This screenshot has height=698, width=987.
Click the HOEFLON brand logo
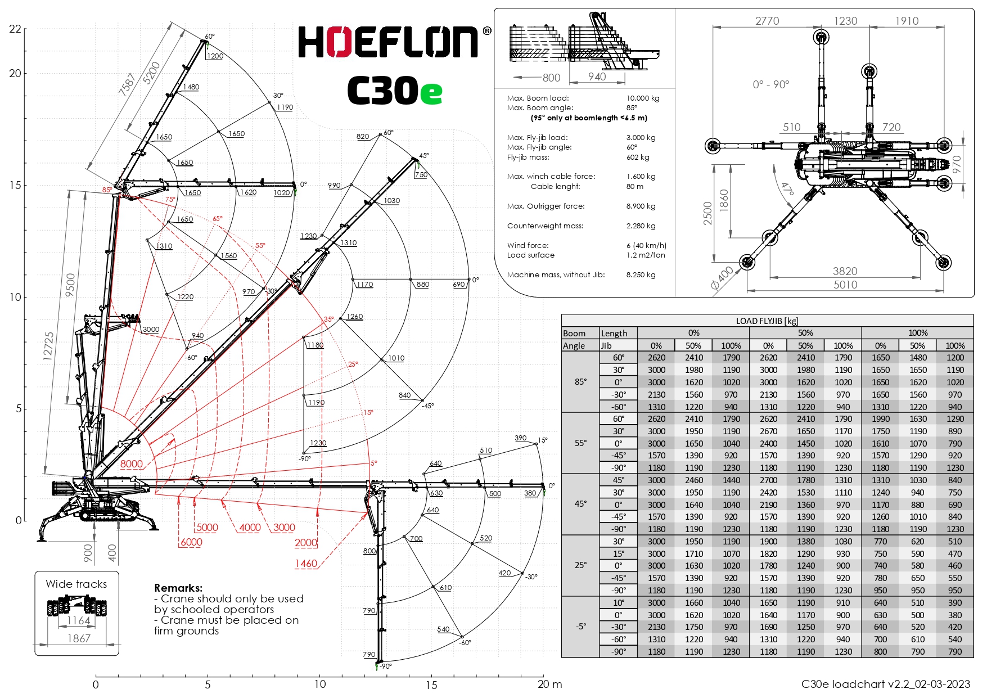tap(388, 42)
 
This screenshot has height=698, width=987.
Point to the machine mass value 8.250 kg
tap(641, 275)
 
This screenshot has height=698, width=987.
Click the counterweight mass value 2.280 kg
tap(641, 226)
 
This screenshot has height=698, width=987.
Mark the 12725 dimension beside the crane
tap(49, 346)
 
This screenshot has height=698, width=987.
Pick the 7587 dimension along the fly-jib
tap(127, 84)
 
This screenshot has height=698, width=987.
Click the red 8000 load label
tap(132, 464)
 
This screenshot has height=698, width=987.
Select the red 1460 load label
tap(306, 564)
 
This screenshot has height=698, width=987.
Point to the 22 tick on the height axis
tap(15, 29)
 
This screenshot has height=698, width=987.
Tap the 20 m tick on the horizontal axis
tap(549, 685)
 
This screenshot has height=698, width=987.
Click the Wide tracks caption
tap(76, 584)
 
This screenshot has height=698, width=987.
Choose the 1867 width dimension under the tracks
tap(79, 638)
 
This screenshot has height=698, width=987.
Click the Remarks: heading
tap(178, 588)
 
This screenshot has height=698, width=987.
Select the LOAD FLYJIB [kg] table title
tap(767, 321)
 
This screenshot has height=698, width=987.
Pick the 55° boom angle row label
tap(580, 443)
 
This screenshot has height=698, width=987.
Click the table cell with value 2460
tap(693, 480)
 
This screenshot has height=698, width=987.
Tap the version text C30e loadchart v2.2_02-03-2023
tap(885, 684)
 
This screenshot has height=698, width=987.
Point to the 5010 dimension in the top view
tap(845, 285)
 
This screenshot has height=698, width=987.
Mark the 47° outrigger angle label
tap(787, 188)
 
